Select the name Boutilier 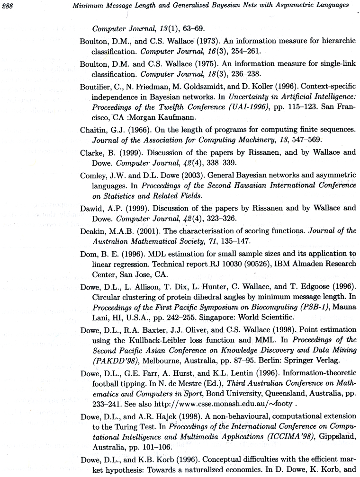click(x=96, y=86)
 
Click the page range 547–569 click(x=252, y=140)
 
